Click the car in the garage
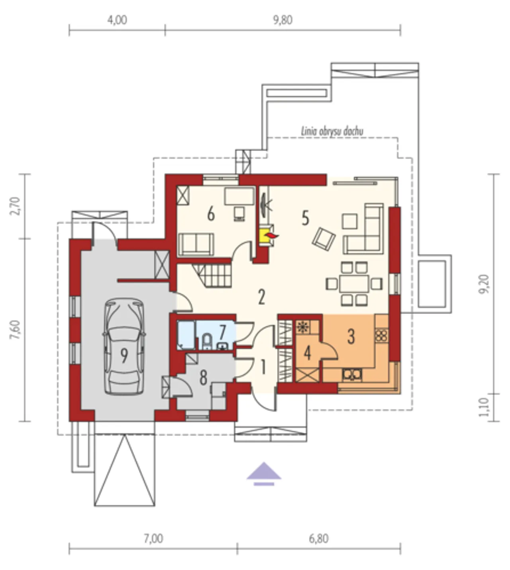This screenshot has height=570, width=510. [124, 347]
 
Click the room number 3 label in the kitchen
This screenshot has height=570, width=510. [351, 336]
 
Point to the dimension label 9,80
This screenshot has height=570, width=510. [283, 20]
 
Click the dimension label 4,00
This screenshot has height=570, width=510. [117, 20]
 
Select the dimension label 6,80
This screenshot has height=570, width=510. [318, 539]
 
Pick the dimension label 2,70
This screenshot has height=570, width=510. [15, 206]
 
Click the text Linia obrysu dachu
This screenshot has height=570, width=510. [332, 131]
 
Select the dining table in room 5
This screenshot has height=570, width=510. [354, 283]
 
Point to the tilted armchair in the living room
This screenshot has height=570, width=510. [324, 238]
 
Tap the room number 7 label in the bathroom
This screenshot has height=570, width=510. [222, 332]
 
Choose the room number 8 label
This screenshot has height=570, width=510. [203, 377]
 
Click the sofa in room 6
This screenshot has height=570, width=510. [196, 244]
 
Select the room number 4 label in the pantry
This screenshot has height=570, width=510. [308, 353]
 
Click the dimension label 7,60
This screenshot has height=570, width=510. [15, 330]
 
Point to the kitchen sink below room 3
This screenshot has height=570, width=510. [352, 375]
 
